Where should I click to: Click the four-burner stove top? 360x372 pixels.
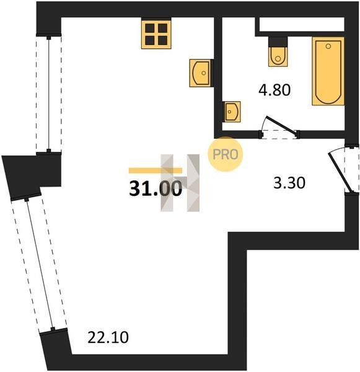click(156, 35)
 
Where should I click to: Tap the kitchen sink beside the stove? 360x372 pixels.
click(200, 73)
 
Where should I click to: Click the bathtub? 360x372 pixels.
click(328, 71)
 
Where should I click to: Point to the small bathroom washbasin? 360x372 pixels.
click(232, 112)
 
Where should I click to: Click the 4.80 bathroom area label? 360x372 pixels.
click(274, 90)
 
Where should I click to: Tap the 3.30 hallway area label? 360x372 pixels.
click(289, 183)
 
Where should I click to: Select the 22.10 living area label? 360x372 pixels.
click(108, 337)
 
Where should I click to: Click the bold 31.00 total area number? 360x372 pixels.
click(156, 188)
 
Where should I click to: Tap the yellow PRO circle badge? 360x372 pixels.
click(226, 154)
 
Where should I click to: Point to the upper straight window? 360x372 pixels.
click(49, 94)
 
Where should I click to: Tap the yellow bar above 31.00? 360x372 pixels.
click(156, 170)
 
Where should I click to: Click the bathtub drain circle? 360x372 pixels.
click(328, 46)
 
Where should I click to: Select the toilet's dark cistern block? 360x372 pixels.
click(278, 42)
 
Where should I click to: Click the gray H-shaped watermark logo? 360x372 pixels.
click(180, 183)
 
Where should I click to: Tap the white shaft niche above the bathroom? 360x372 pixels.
click(302, 24)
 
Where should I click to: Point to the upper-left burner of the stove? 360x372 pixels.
click(150, 28)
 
